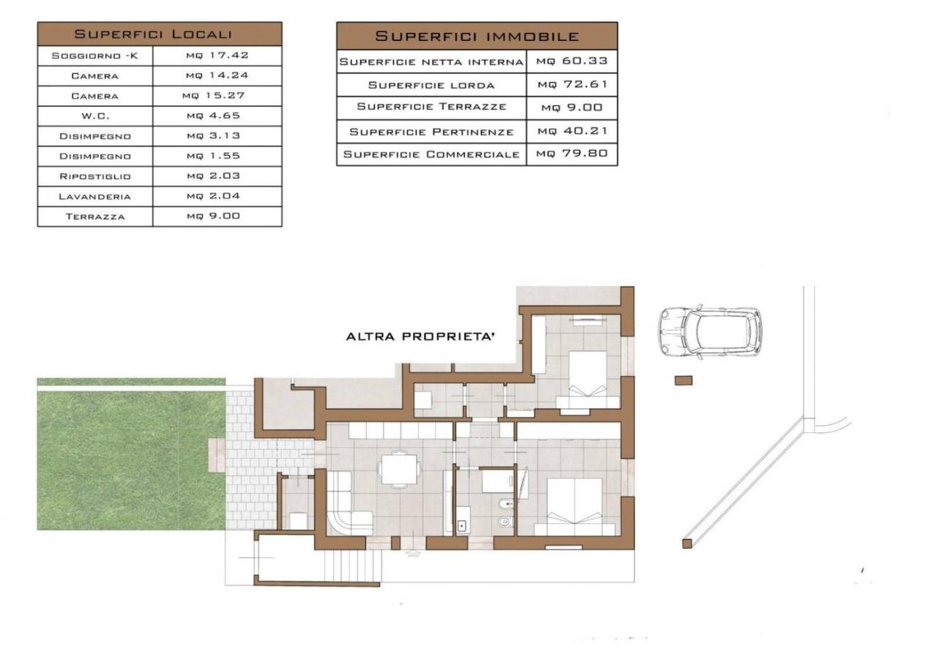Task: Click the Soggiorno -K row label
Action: point(94,56)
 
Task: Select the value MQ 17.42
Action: point(217,55)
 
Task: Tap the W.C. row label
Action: point(95,116)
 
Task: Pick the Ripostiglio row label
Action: point(95,176)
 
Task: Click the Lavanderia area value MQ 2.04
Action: point(213,196)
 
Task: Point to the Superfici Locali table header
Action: point(153,34)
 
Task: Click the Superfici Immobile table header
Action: point(477,36)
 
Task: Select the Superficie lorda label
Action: point(431,86)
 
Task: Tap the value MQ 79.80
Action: point(572,154)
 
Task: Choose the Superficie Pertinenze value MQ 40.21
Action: point(572,131)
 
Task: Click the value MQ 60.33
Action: point(572,61)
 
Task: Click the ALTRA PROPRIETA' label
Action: point(420,336)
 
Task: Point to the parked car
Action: point(710,332)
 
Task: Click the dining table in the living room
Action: point(400,469)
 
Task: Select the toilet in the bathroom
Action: point(506,521)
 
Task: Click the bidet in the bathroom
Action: point(506,505)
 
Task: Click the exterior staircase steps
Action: point(353,565)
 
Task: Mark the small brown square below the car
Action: point(684,380)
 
